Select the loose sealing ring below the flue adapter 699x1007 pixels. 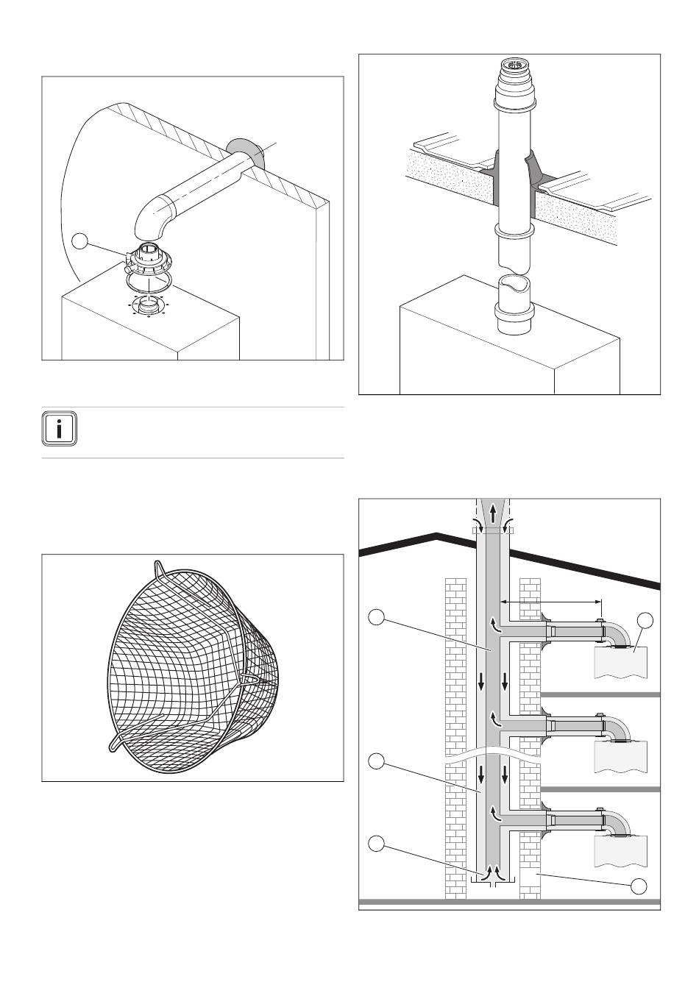point(150,282)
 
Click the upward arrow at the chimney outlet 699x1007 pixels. point(492,513)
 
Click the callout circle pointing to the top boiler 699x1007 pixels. point(645,619)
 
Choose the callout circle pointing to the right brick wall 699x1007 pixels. point(639,886)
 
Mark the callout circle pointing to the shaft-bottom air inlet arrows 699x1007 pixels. point(376,844)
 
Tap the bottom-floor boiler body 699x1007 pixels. point(620,850)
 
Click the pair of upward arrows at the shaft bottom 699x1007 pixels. point(492,872)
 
